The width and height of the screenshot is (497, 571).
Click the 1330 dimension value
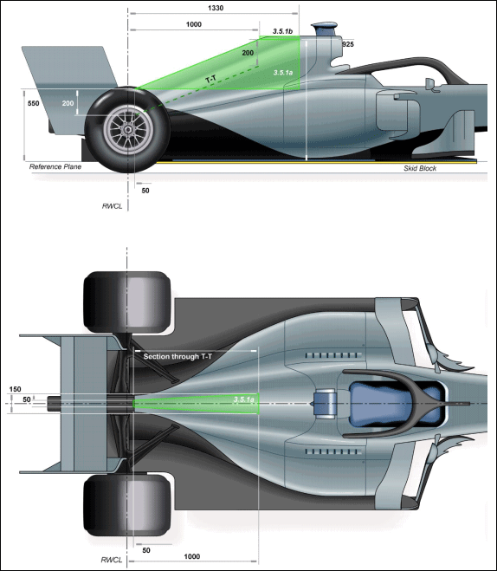pyautogui.click(x=216, y=8)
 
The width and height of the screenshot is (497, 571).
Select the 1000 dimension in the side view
pyautogui.click(x=194, y=24)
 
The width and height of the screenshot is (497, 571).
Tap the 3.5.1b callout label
pyautogui.click(x=282, y=31)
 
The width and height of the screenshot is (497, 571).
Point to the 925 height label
pyautogui.click(x=348, y=44)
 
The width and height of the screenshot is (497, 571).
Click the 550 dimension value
pyautogui.click(x=33, y=103)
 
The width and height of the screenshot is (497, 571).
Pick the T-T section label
pyautogui.click(x=211, y=79)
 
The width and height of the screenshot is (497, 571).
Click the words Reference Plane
pyautogui.click(x=55, y=166)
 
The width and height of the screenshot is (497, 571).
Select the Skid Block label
pyautogui.click(x=420, y=168)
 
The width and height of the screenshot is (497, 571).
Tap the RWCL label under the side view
pyautogui.click(x=112, y=206)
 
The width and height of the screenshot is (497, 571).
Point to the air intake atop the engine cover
pyautogui.click(x=324, y=29)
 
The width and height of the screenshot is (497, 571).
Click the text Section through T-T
pyautogui.click(x=177, y=356)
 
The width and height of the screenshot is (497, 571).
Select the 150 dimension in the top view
pyautogui.click(x=15, y=389)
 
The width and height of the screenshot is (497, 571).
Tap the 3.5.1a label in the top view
pyautogui.click(x=244, y=399)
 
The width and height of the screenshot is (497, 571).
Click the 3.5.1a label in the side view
pyautogui.click(x=282, y=73)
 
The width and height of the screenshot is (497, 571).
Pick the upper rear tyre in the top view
pyautogui.click(x=127, y=302)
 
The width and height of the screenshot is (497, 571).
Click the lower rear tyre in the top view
pyautogui.click(x=127, y=505)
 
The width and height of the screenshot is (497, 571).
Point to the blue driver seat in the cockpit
pyautogui.click(x=395, y=404)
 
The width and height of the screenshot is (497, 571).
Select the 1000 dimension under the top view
pyautogui.click(x=191, y=556)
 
